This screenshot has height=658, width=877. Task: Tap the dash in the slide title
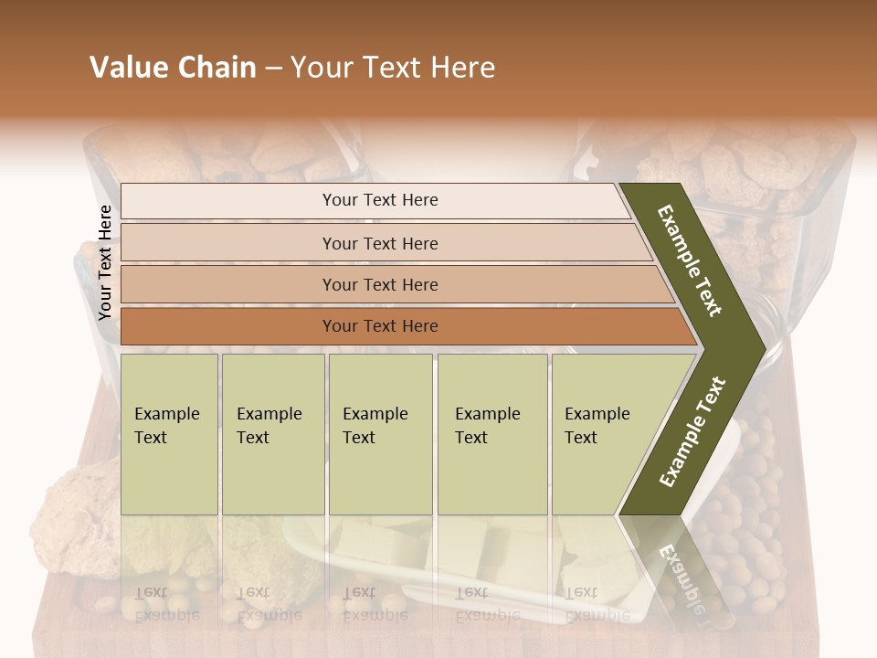coord(272,69)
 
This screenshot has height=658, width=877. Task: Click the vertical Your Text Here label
coord(105,262)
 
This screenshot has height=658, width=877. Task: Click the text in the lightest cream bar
coord(380,200)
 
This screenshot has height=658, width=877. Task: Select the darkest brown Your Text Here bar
coord(380,326)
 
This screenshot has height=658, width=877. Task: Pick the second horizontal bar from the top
coord(380,243)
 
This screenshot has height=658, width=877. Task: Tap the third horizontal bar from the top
coord(380,284)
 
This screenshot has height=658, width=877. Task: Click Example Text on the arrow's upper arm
coord(691,260)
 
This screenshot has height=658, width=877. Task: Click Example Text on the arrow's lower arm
coord(692,432)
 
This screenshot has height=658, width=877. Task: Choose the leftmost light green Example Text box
coord(169,434)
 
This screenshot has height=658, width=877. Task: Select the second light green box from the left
coord(272,434)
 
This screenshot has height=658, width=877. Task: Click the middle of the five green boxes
coord(380,434)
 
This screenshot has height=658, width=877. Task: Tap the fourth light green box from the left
coord(491,434)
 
